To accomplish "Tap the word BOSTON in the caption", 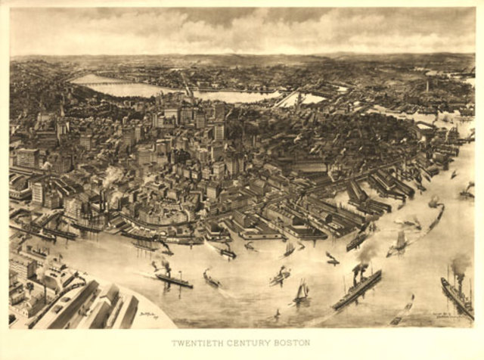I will [293, 343].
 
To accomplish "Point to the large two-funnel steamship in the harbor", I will [356, 290].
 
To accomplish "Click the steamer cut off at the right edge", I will [457, 298].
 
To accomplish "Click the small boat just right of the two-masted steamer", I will [211, 281].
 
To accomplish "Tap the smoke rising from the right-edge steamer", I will [459, 265].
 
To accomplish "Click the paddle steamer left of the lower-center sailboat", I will [278, 277].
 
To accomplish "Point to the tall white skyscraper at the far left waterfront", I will [37, 193].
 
